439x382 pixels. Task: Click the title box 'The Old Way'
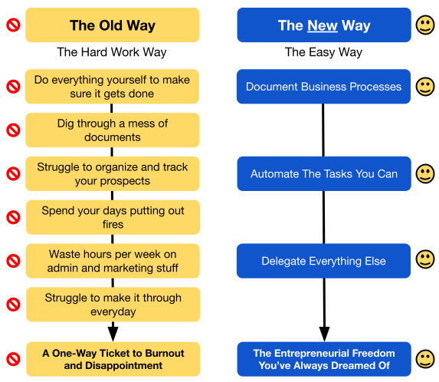pyautogui.click(x=113, y=25)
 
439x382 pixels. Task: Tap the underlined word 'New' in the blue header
pyautogui.click(x=323, y=25)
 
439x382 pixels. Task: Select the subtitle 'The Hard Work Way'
pyautogui.click(x=112, y=52)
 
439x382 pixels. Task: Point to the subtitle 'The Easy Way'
pyautogui.click(x=323, y=52)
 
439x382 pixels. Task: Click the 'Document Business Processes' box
pyautogui.click(x=323, y=87)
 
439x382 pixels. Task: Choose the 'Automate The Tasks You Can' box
pyautogui.click(x=324, y=174)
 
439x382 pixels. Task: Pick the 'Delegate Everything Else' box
pyautogui.click(x=323, y=261)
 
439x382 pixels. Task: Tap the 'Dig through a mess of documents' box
pyautogui.click(x=113, y=130)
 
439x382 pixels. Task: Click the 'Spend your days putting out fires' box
pyautogui.click(x=113, y=217)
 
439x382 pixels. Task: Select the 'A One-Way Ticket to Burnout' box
pyautogui.click(x=113, y=359)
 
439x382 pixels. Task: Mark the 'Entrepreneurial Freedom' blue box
pyautogui.click(x=324, y=359)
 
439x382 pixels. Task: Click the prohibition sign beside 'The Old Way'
pyautogui.click(x=14, y=25)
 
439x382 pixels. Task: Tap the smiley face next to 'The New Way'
pyautogui.click(x=425, y=25)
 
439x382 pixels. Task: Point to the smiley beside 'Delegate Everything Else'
pyautogui.click(x=425, y=259)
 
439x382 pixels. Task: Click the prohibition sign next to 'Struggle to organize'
pyautogui.click(x=14, y=174)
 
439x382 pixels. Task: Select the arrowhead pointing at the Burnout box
pyautogui.click(x=113, y=334)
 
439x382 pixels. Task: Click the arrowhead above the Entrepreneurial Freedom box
pyautogui.click(x=324, y=334)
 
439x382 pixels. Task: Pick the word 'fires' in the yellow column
pyautogui.click(x=113, y=224)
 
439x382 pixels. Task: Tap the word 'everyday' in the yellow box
pyautogui.click(x=113, y=311)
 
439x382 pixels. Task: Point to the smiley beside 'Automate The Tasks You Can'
pyautogui.click(x=425, y=174)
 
